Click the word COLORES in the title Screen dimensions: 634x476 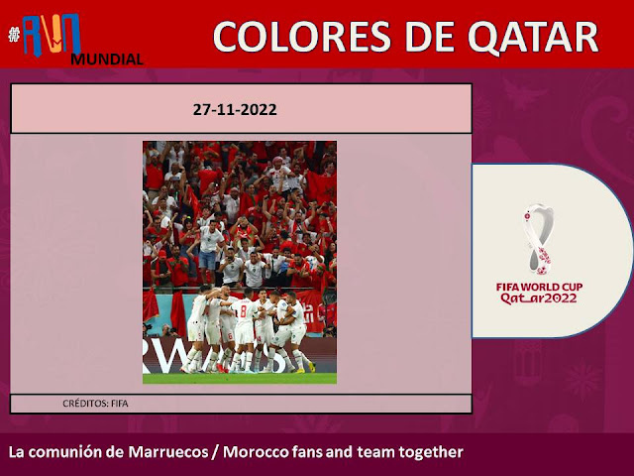(302, 37)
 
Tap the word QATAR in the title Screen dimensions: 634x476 (533, 38)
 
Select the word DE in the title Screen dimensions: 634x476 (429, 37)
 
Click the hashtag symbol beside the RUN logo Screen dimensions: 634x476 (14, 35)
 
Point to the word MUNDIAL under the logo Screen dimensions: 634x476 (107, 59)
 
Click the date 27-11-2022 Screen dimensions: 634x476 (235, 110)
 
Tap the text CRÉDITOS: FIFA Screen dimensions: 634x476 (95, 404)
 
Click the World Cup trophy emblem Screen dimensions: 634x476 (539, 239)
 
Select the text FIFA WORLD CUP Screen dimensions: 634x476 (539, 287)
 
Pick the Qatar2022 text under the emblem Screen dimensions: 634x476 (539, 299)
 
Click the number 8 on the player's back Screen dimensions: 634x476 (243, 311)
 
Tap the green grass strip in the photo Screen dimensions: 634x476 (240, 379)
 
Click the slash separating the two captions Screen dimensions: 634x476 (216, 452)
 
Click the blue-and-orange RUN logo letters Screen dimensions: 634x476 (52, 36)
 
